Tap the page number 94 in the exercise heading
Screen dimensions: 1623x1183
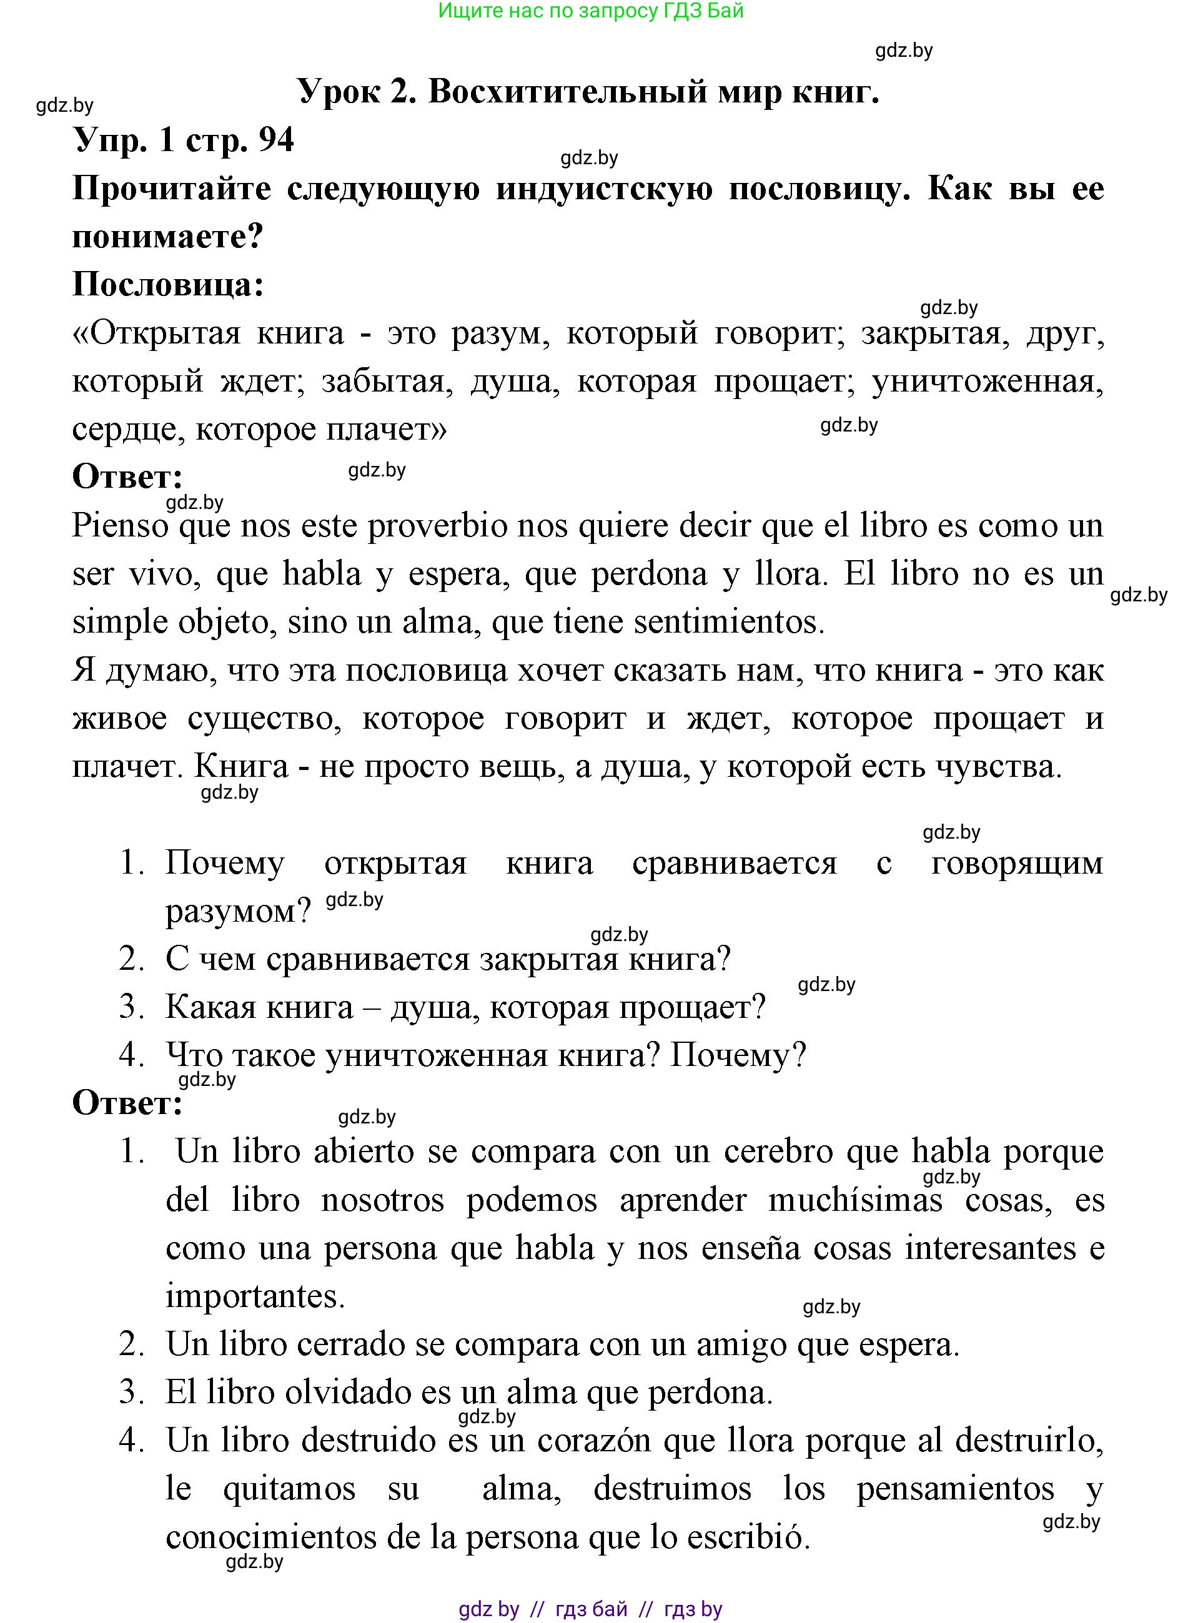point(275,140)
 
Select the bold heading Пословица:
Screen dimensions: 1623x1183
point(168,285)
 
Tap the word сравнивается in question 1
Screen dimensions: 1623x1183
point(734,864)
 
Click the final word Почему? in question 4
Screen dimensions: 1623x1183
point(738,1055)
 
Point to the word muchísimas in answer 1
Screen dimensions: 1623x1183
point(855,1201)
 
